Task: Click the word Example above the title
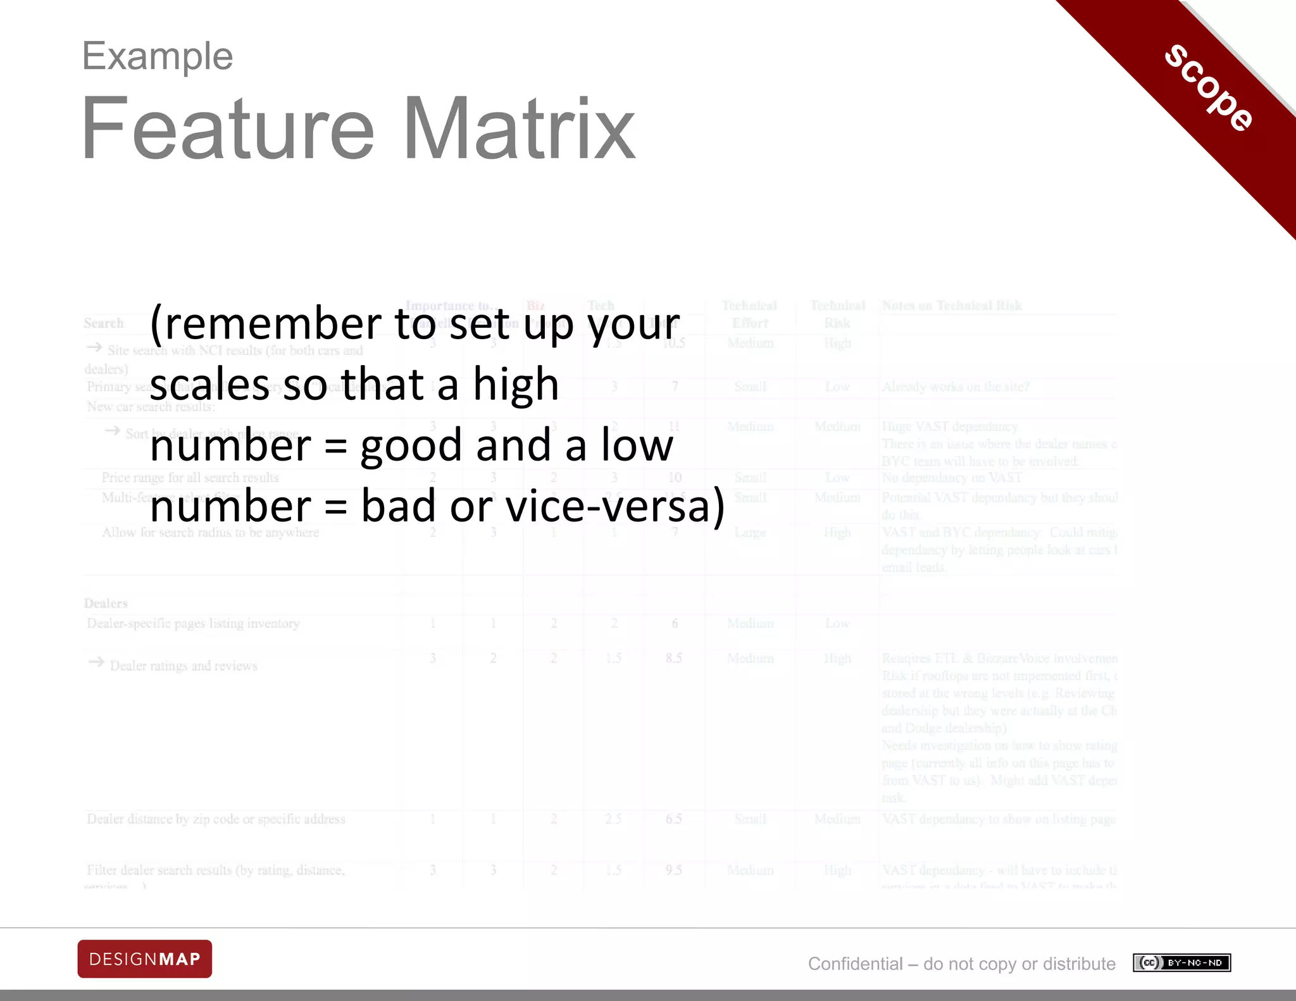click(x=158, y=56)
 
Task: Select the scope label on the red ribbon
click(x=1209, y=88)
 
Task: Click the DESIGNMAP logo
click(x=145, y=959)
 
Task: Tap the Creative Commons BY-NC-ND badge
click(x=1181, y=963)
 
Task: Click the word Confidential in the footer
click(x=855, y=964)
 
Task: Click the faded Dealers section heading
click(x=106, y=603)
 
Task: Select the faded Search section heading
click(x=104, y=323)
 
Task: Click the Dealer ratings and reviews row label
click(x=184, y=666)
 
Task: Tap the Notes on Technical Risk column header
click(x=952, y=306)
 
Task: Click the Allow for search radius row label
click(x=210, y=533)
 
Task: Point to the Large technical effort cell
click(x=750, y=533)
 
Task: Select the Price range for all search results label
click(x=190, y=478)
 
